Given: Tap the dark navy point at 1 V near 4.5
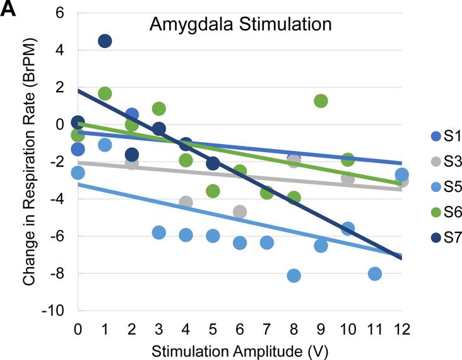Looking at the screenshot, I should (x=105, y=41).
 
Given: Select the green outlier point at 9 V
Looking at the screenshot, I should (x=321, y=101).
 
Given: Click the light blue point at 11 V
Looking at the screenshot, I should (x=374, y=273).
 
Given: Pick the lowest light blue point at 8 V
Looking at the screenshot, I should (x=293, y=275).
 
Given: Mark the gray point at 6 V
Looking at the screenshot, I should (x=240, y=212).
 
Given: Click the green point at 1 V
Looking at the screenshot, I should (x=105, y=93).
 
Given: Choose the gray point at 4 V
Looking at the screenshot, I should (x=186, y=202).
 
